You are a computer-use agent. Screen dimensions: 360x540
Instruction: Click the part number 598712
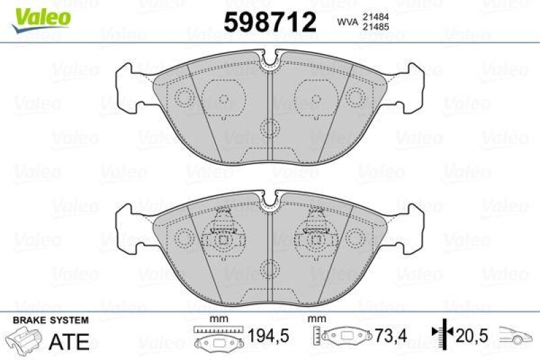pos(270,22)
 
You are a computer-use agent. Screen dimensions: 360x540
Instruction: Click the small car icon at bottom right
pos(516,335)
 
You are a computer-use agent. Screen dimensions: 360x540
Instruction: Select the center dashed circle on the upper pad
pos(270,128)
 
